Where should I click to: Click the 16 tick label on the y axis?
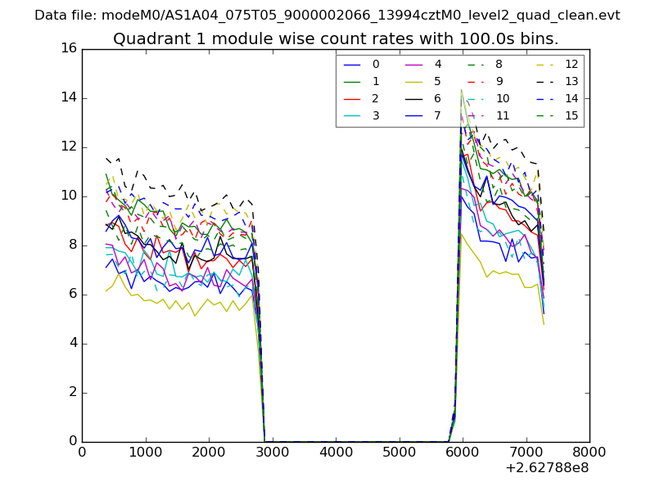pyautogui.click(x=69, y=48)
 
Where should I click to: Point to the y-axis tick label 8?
pyautogui.click(x=73, y=245)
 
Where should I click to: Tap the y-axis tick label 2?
pyautogui.click(x=73, y=392)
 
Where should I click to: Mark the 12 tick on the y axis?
pyautogui.click(x=69, y=146)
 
